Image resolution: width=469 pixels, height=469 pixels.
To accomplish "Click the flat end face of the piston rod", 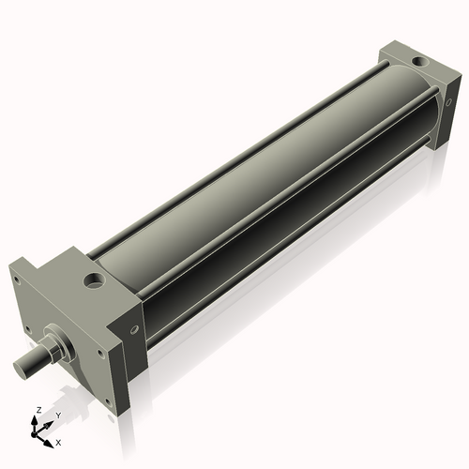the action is pyautogui.click(x=20, y=369).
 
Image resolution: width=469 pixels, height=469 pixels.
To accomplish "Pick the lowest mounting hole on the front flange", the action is pyautogui.click(x=108, y=401).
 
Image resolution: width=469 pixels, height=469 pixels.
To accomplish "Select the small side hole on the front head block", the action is pyautogui.click(x=135, y=329).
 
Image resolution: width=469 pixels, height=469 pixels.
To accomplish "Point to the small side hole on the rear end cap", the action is pyautogui.click(x=449, y=102).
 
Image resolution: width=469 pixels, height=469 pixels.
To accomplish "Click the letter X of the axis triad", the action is pyautogui.click(x=58, y=443).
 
